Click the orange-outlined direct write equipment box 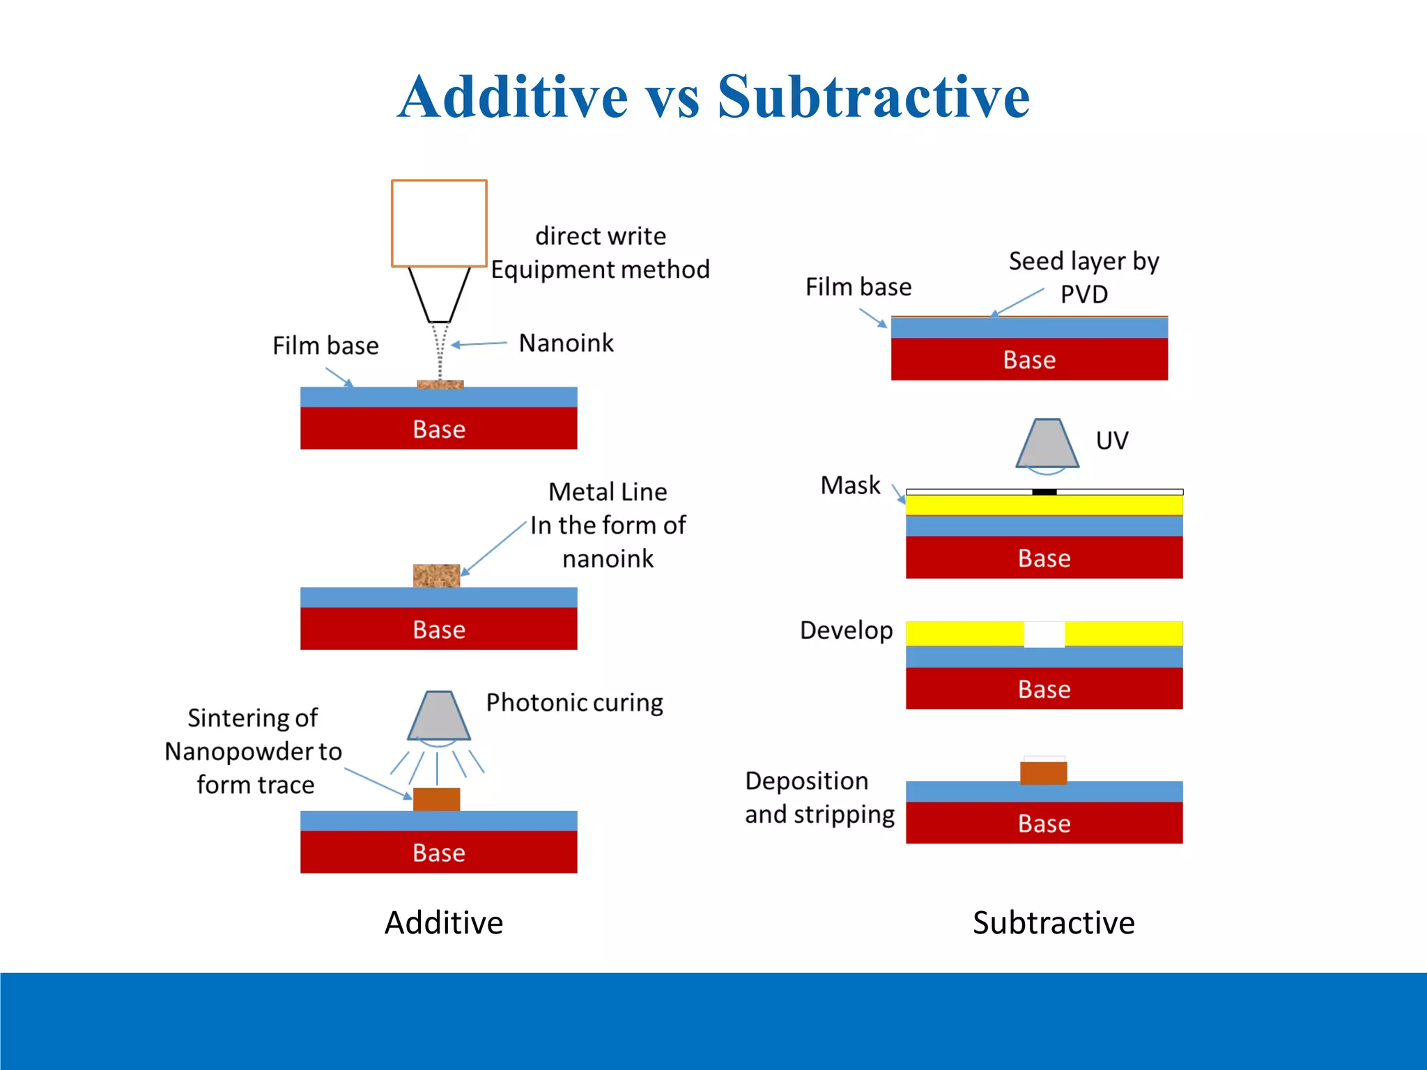439,223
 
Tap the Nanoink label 566,343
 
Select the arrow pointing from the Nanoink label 479,344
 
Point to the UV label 1111,440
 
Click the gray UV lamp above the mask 1047,443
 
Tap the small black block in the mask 1044,492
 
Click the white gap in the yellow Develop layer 1044,634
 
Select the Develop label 846,630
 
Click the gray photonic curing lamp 439,715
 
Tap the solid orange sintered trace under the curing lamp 436,799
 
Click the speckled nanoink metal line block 436,575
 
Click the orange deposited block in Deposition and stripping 1043,773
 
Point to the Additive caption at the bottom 443,923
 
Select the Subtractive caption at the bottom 1053,923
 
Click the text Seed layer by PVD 1083,277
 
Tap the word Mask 850,485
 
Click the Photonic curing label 574,702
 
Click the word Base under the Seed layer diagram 1028,360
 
